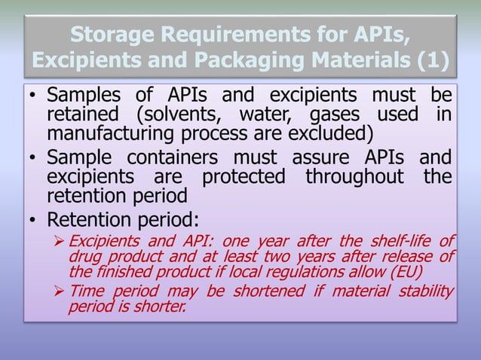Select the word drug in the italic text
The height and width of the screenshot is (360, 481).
pyautogui.click(x=84, y=258)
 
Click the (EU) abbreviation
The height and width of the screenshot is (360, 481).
pyautogui.click(x=408, y=272)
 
